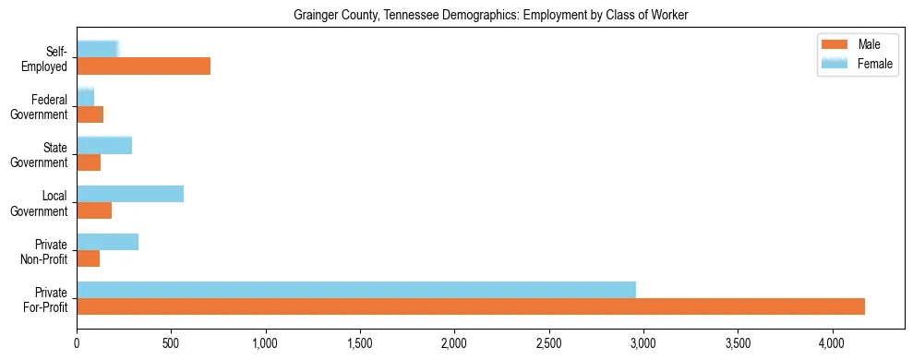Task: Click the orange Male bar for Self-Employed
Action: (143, 66)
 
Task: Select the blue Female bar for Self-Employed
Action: (97, 49)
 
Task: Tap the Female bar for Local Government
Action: (130, 194)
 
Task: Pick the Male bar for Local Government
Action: (94, 210)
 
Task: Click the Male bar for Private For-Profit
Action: (471, 306)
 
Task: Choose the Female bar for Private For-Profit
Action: (356, 290)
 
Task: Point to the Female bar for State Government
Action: (104, 146)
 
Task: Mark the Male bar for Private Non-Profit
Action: (89, 258)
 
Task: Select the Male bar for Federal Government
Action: (90, 114)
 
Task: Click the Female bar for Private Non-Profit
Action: (108, 242)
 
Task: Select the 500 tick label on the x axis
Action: (171, 345)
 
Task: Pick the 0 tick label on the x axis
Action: (77, 345)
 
